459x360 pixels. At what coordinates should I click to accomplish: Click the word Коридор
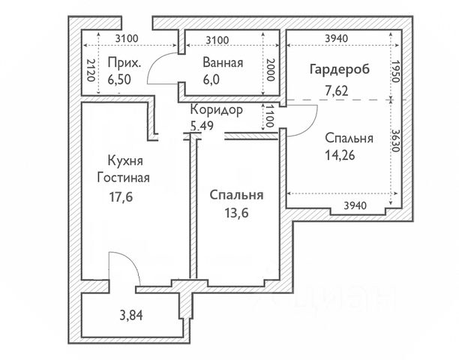click(x=216, y=110)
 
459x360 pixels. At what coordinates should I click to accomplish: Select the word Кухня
click(x=124, y=161)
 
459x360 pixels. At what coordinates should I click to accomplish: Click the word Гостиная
click(x=124, y=178)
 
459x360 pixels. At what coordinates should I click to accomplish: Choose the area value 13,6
click(x=235, y=212)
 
